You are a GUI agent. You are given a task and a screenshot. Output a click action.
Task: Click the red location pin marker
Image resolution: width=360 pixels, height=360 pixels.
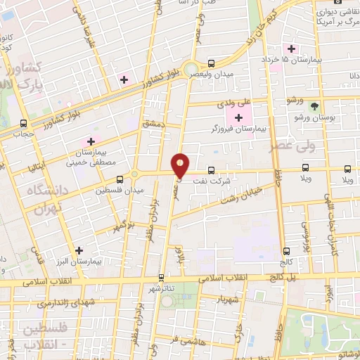click(x=181, y=165)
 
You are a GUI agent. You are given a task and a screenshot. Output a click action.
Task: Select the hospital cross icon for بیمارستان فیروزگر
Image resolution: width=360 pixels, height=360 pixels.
click(x=240, y=116)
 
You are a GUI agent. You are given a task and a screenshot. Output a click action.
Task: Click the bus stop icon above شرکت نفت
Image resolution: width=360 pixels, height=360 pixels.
click(x=211, y=169)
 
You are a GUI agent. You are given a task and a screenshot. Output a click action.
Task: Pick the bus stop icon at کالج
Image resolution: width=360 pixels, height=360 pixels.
click(x=286, y=250)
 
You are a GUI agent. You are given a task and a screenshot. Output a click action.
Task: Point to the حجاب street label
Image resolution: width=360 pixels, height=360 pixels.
click(x=25, y=134)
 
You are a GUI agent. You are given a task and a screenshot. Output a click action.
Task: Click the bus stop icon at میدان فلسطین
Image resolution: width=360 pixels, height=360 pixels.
click(x=120, y=180)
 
